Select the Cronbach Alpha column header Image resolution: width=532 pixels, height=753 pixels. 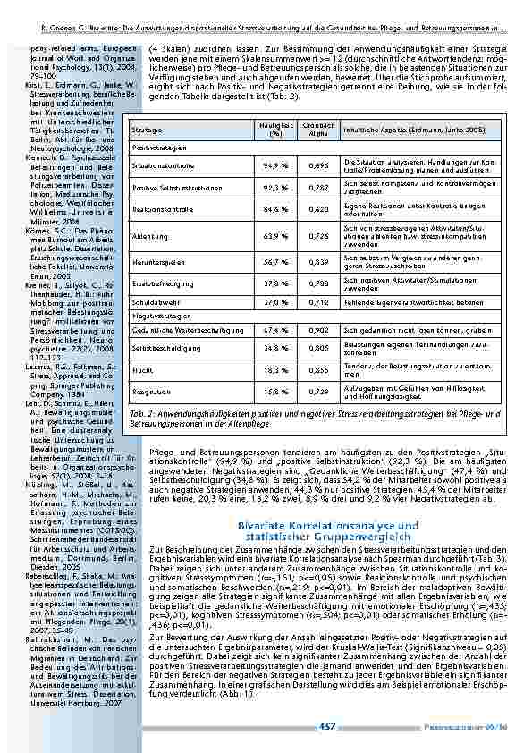coord(313,130)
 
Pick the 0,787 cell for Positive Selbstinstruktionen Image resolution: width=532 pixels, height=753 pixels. coord(313,189)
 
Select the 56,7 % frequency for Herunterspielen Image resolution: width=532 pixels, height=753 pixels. coord(275,262)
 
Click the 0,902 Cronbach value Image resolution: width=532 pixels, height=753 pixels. coord(313,331)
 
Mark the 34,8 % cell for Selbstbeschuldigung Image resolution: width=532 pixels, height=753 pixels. coord(275,345)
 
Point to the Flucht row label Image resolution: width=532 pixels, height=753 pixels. coord(140,368)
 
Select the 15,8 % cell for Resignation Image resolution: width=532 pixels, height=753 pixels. coord(275,391)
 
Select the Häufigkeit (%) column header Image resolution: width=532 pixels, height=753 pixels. coord(275,130)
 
